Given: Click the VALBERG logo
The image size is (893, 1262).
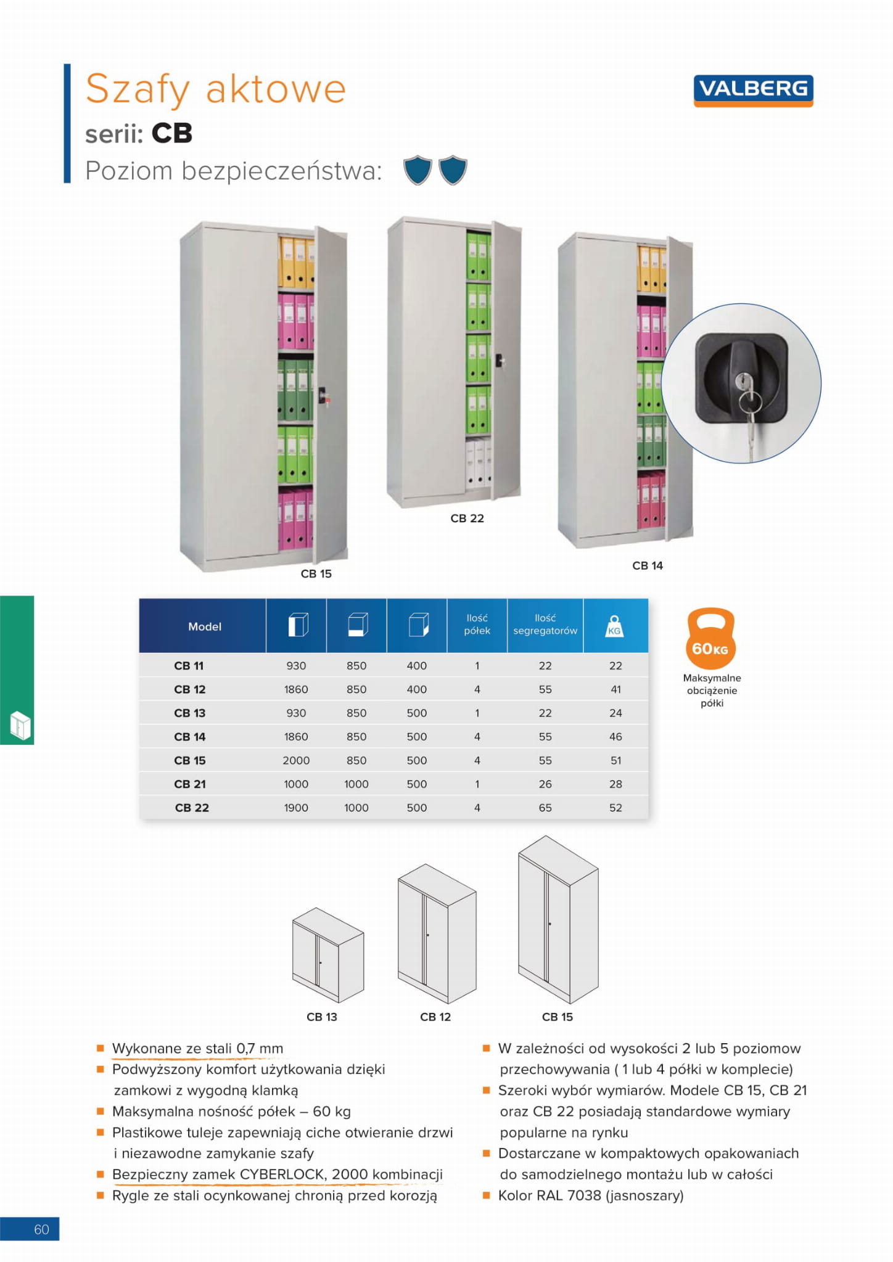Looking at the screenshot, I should [x=753, y=89].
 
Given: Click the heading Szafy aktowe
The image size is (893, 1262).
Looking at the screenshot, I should [x=215, y=89].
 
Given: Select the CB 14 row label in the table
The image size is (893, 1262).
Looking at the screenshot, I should [x=189, y=737].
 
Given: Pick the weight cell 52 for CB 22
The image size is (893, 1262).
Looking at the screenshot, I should [x=615, y=808].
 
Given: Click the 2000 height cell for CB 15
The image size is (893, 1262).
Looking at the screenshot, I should [x=296, y=761].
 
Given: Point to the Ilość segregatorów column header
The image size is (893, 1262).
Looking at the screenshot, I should [x=545, y=625].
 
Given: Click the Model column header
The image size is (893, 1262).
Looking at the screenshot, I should [x=204, y=626].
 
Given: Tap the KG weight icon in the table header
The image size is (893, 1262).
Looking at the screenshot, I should [x=614, y=626].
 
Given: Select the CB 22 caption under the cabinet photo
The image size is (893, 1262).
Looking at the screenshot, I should [x=467, y=518].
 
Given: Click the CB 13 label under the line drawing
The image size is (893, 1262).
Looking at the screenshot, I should [x=322, y=1017].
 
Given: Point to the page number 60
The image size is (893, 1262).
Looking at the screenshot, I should [x=41, y=1229].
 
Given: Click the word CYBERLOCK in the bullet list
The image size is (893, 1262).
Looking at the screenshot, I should [x=282, y=1174].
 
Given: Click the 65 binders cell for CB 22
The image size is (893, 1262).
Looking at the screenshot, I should [x=545, y=808].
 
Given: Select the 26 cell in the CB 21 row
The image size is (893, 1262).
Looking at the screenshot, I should [x=545, y=784].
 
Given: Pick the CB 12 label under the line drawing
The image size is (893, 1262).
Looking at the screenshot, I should [x=435, y=1017].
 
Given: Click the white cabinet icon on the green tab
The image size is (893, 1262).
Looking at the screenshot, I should [x=20, y=726].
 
